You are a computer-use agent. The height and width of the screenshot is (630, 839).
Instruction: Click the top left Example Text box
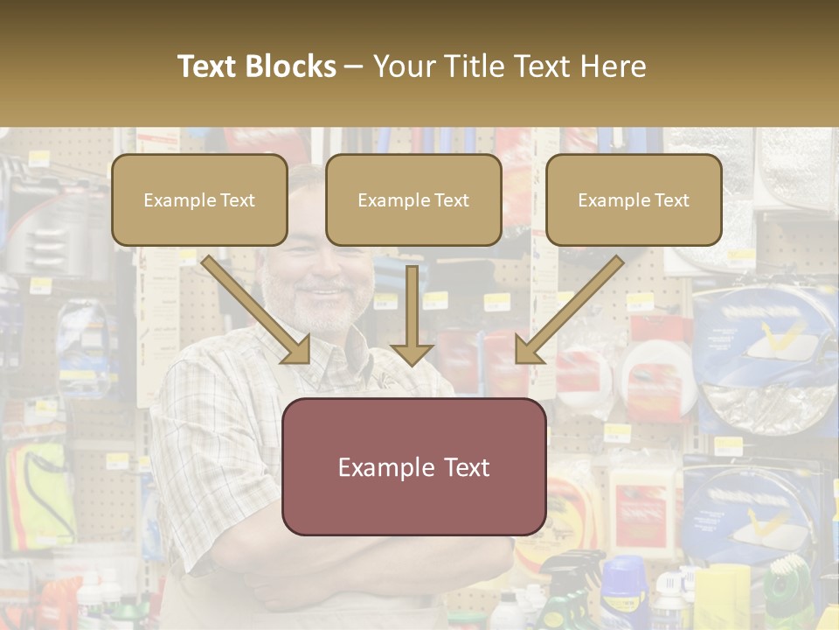tap(199, 200)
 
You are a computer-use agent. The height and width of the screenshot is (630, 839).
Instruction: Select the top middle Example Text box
tap(413, 200)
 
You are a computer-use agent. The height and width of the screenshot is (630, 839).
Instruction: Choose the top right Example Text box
tap(634, 200)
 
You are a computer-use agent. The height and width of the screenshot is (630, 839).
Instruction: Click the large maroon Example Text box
tap(413, 466)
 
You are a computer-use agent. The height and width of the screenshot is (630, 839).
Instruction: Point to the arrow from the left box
tap(258, 311)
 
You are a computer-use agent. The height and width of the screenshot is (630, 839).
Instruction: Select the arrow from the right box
tap(568, 311)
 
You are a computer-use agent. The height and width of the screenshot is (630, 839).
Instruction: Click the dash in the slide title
tap(354, 66)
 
